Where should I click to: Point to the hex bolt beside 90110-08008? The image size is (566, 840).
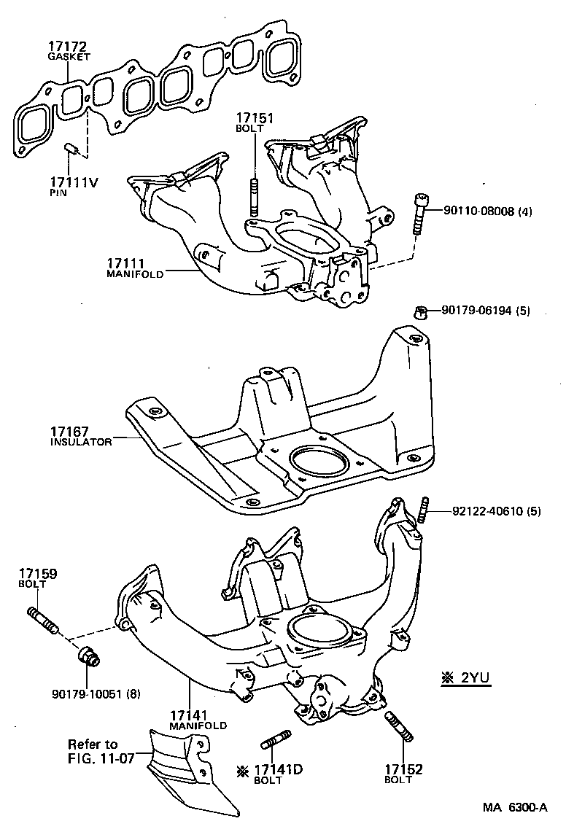tap(420, 212)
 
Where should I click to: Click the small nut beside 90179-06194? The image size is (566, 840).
tap(420, 312)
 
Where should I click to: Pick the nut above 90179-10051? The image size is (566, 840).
tap(88, 656)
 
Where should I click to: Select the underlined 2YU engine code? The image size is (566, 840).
tap(474, 677)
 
